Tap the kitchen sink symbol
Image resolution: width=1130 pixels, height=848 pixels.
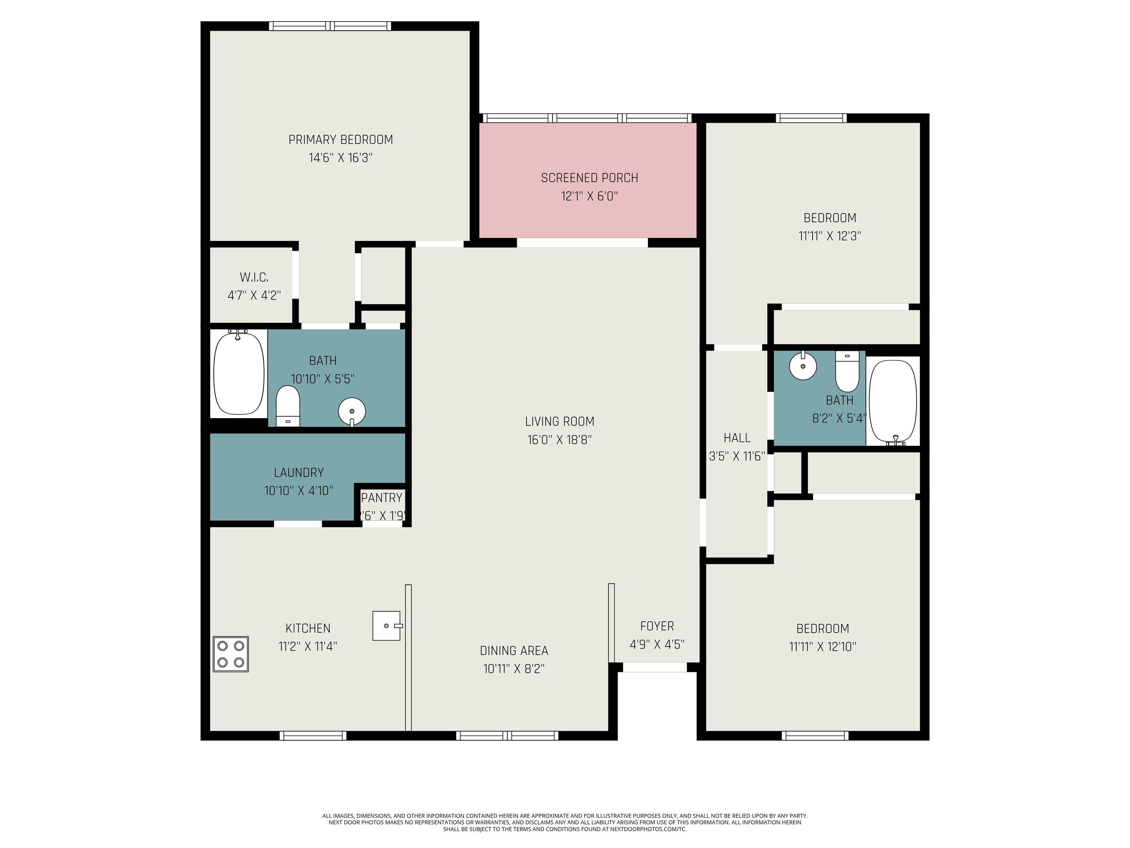pos(387,626)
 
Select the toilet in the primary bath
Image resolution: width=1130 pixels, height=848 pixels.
pos(288,406)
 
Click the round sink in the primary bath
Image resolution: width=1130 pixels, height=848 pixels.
pos(352,410)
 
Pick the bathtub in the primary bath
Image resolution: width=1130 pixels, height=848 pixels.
pos(239,373)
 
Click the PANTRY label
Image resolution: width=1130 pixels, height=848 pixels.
pos(381,497)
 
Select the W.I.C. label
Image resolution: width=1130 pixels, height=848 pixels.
pos(254,278)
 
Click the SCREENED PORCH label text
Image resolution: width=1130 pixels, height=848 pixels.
pos(590,178)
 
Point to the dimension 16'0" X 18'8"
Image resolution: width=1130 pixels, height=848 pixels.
pos(559,439)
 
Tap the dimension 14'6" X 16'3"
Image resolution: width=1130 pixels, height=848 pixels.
pos(340,158)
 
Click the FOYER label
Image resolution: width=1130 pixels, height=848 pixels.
pos(657,626)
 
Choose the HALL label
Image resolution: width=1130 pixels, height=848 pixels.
pos(737,438)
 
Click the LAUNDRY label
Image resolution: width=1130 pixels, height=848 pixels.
pos(299,472)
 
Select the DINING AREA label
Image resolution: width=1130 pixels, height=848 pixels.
pos(514,651)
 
